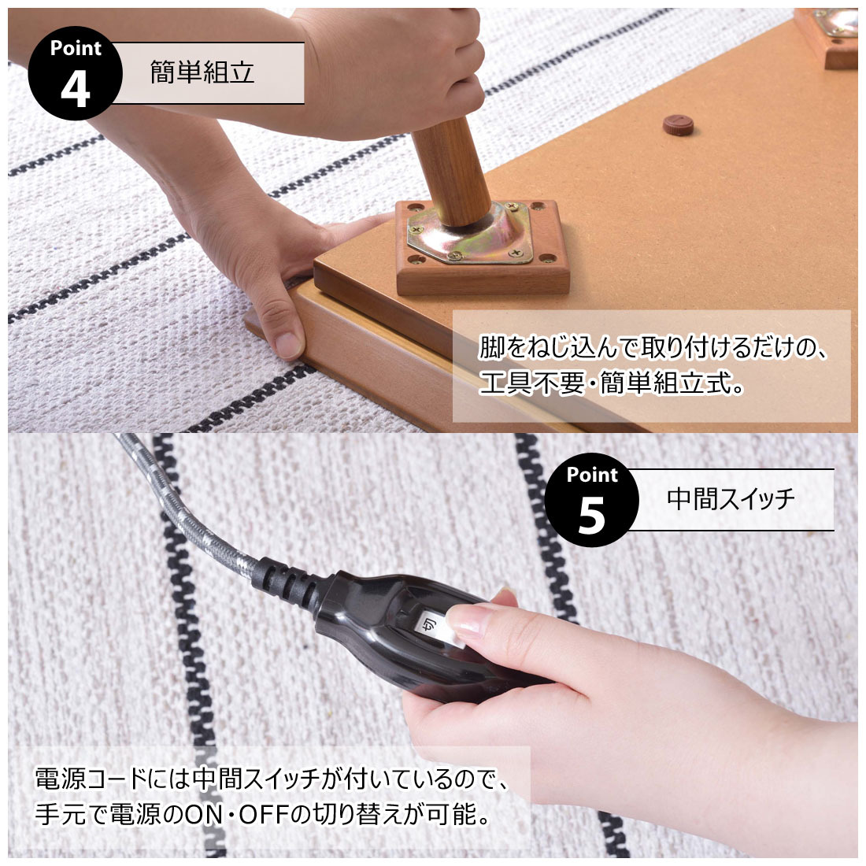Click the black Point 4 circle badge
click(x=75, y=75)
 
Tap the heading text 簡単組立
click(x=202, y=73)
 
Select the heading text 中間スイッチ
click(x=731, y=499)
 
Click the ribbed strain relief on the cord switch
click(x=288, y=583)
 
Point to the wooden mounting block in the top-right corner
click(x=828, y=39)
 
